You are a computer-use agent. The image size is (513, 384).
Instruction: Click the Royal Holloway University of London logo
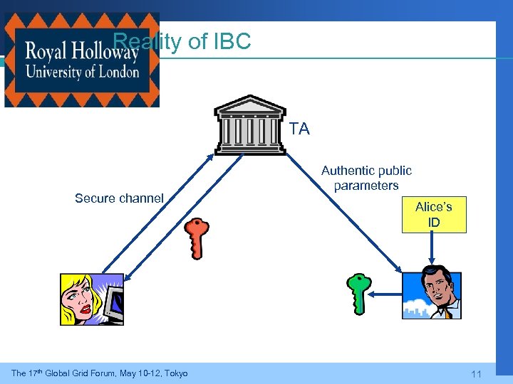[81, 60]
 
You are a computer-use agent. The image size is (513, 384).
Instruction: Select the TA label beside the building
[300, 129]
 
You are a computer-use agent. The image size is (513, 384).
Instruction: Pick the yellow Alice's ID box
[434, 214]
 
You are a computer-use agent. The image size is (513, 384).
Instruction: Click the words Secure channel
[119, 198]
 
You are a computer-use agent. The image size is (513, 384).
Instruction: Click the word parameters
[366, 186]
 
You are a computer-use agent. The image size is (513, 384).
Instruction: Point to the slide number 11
[477, 374]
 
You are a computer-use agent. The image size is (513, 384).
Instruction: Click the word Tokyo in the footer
[174, 373]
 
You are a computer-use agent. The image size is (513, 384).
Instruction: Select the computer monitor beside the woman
[113, 304]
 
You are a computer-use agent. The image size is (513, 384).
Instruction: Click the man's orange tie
[448, 311]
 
